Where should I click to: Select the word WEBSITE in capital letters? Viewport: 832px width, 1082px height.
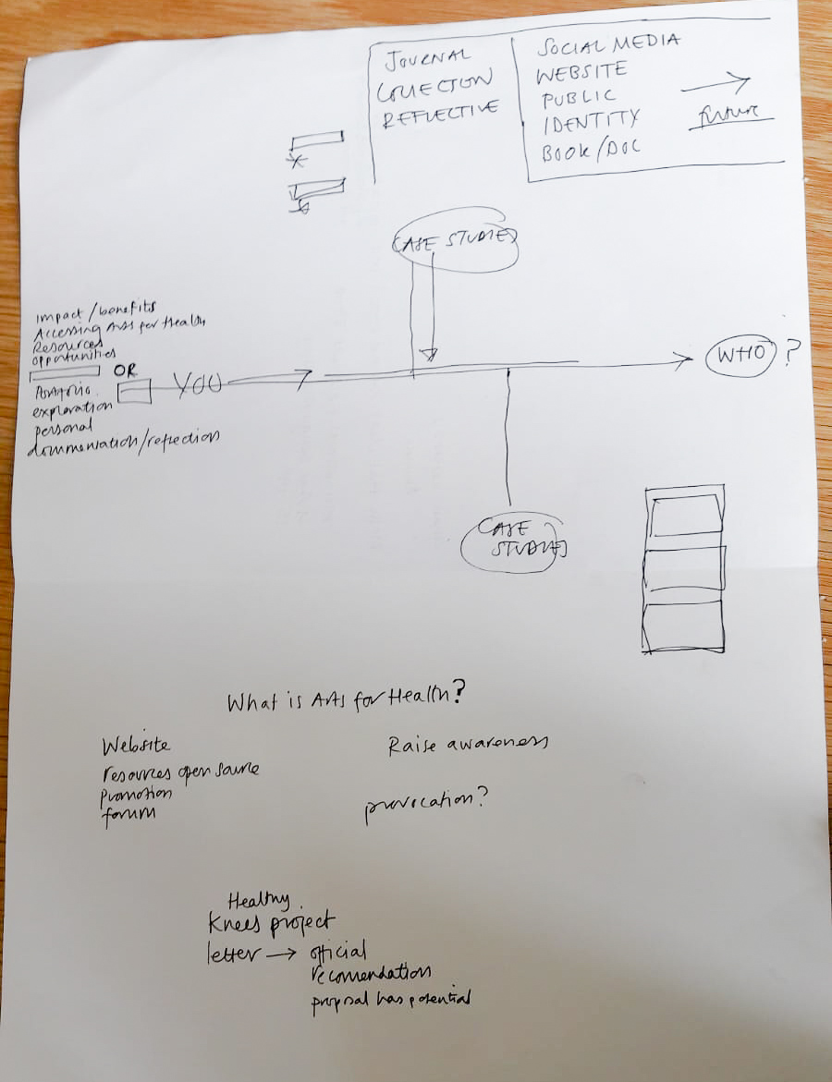[584, 71]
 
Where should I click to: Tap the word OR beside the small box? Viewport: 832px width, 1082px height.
[124, 370]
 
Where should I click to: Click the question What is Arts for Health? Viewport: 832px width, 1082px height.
[345, 699]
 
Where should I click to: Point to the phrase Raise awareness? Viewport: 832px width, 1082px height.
[468, 744]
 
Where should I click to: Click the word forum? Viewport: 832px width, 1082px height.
[128, 814]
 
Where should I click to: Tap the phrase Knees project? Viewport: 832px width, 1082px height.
[271, 922]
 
